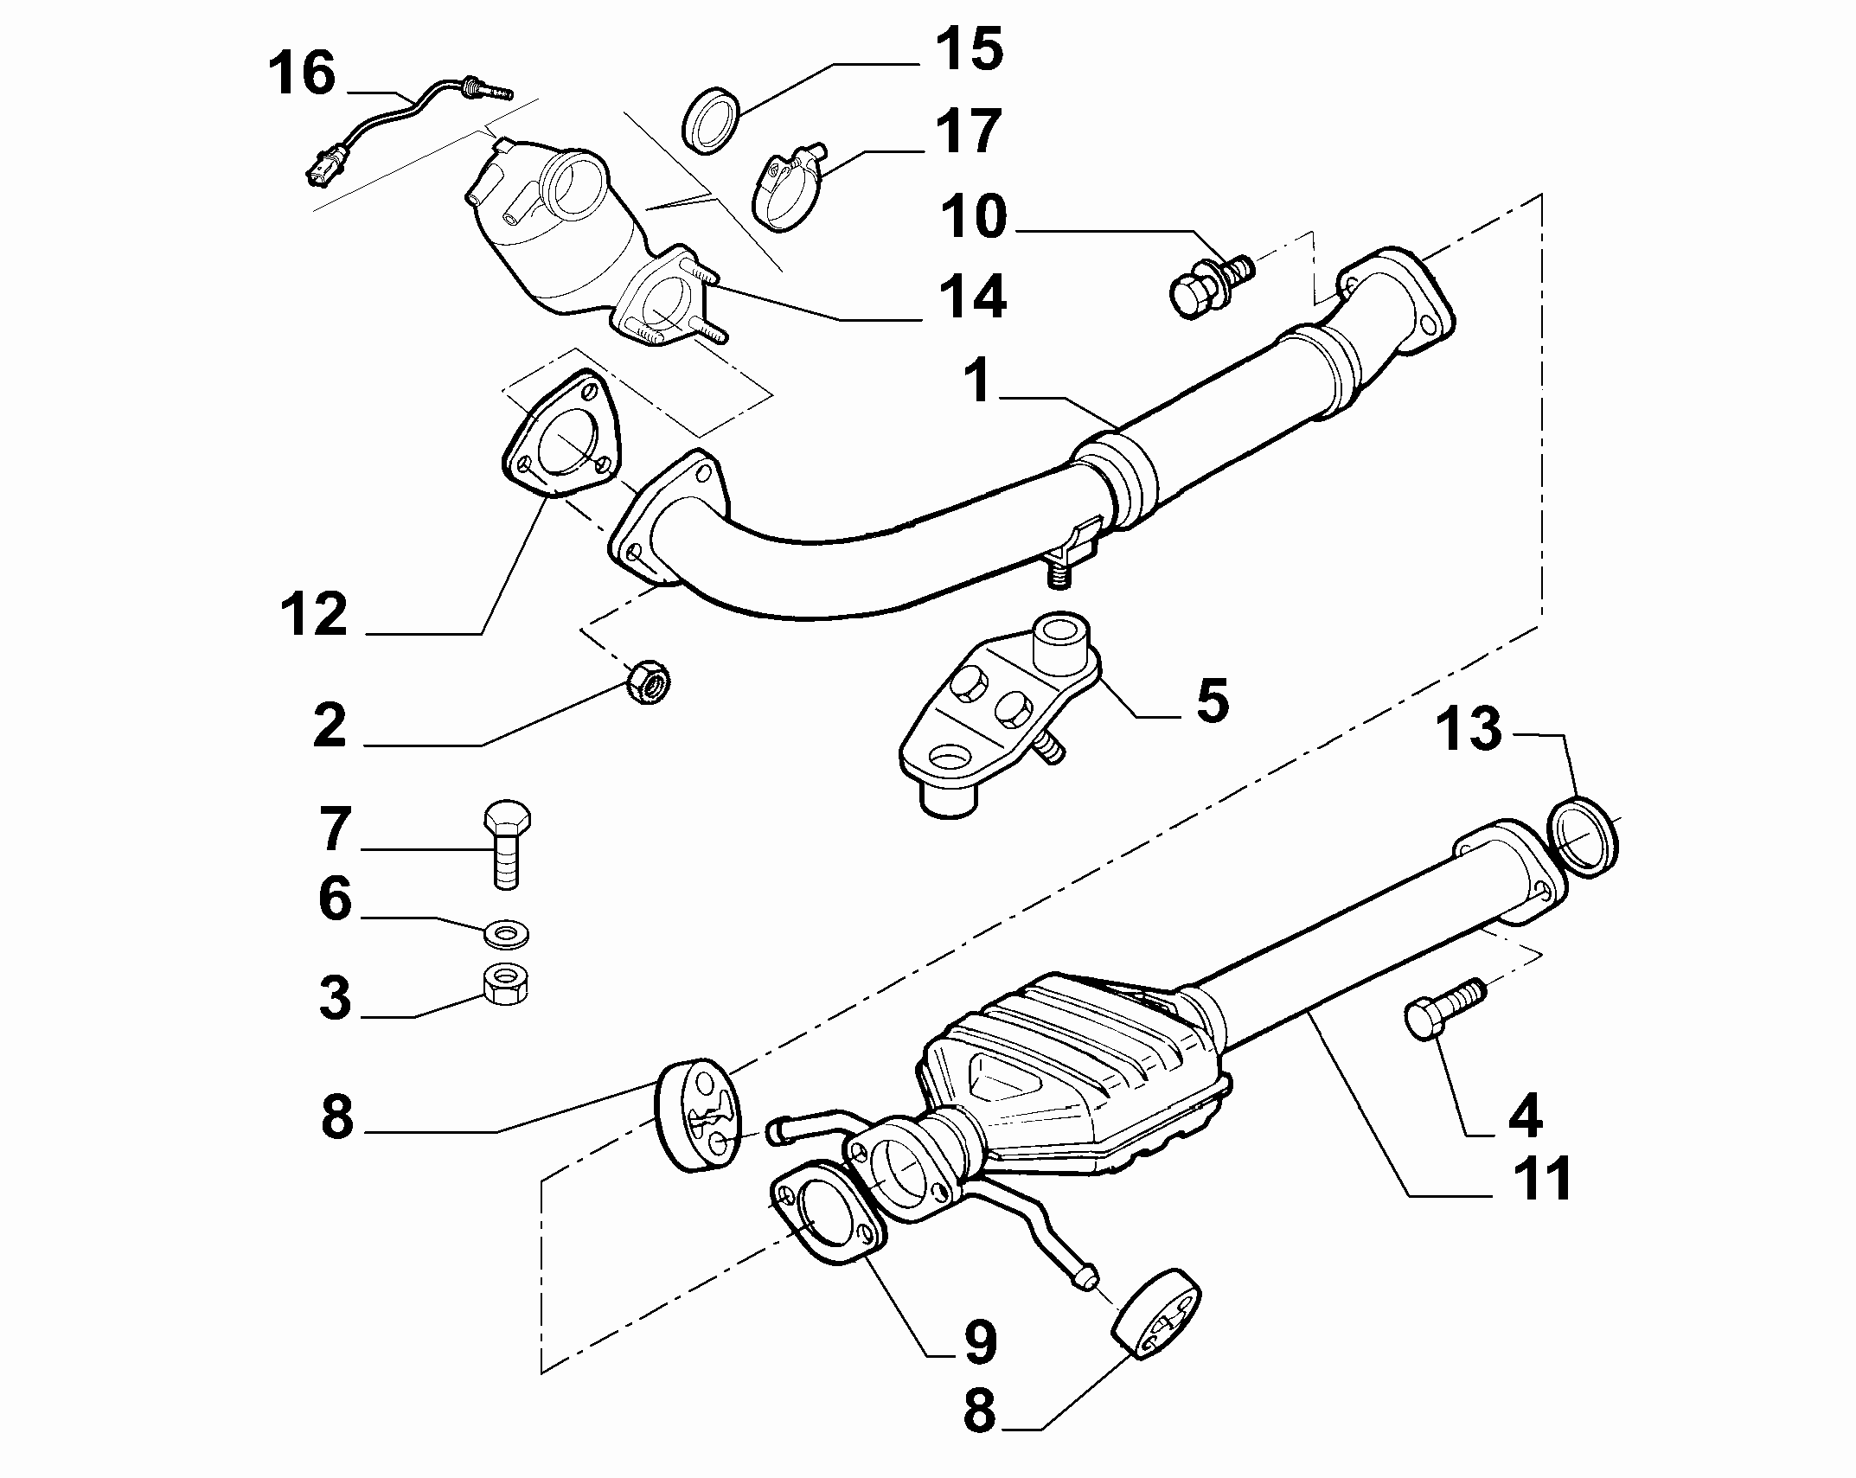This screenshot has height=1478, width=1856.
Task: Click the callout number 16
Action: point(302,74)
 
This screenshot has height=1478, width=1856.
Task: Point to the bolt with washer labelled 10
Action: point(1211,285)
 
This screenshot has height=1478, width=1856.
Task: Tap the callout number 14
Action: point(971,298)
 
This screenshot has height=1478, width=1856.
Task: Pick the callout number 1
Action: point(980,381)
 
